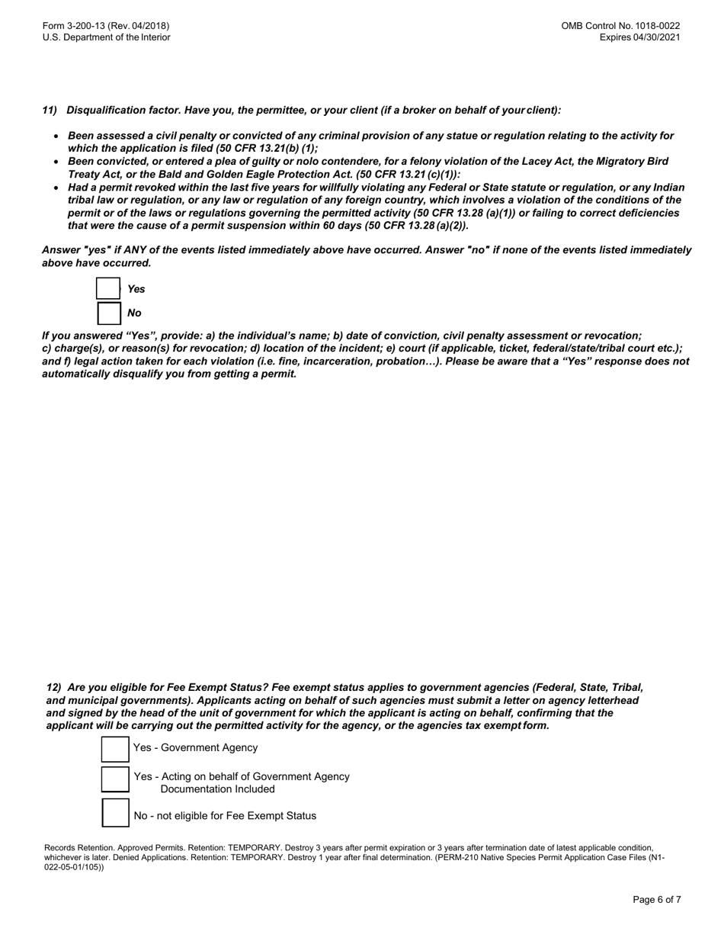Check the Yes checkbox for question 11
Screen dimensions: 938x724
(108, 289)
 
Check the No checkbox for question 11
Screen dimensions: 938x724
(108, 313)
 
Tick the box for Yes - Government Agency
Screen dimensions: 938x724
(115, 749)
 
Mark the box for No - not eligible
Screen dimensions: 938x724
(115, 814)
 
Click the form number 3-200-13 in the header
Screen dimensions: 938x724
(91, 26)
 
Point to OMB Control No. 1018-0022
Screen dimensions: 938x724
(620, 26)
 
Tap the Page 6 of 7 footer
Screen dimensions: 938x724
(656, 900)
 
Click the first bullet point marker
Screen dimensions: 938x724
(56, 137)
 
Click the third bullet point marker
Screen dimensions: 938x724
(56, 188)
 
